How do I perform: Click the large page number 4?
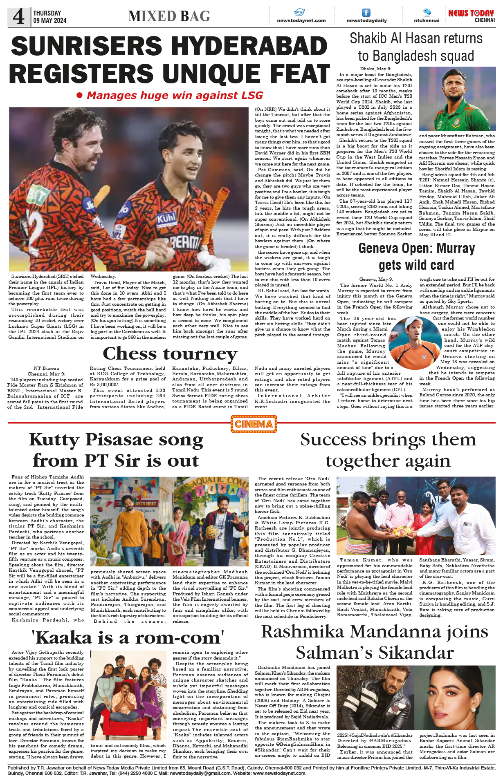click(18, 17)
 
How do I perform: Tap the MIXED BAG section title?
click(169, 16)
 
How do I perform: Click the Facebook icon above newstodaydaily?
click(366, 13)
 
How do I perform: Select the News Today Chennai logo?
click(471, 16)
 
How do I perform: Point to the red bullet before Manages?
click(80, 96)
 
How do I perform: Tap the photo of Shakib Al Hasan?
click(457, 99)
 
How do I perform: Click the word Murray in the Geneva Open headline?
click(456, 248)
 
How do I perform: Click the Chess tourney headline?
click(170, 353)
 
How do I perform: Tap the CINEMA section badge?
click(254, 424)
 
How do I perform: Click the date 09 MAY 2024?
click(50, 20)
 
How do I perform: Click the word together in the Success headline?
click(356, 461)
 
